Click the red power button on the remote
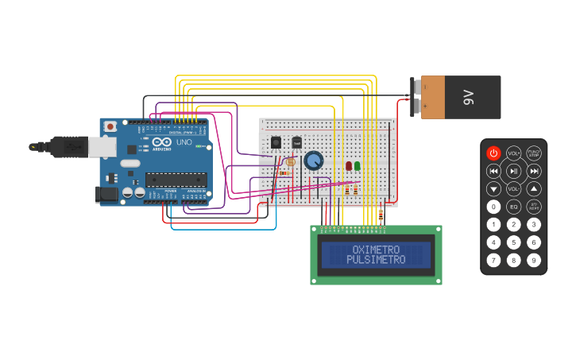point(493,153)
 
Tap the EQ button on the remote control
point(513,207)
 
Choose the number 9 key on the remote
point(534,260)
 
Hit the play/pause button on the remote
point(513,171)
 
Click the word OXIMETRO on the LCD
point(376,250)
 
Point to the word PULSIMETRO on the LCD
point(376,260)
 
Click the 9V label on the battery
point(469,97)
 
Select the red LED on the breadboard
point(349,165)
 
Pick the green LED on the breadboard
point(358,165)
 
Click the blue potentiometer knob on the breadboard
point(314,161)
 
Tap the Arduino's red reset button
point(110,126)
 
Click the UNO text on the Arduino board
point(184,142)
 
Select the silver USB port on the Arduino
point(100,146)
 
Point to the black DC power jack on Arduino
point(106,194)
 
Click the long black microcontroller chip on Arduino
point(176,180)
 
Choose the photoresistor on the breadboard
point(289,162)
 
